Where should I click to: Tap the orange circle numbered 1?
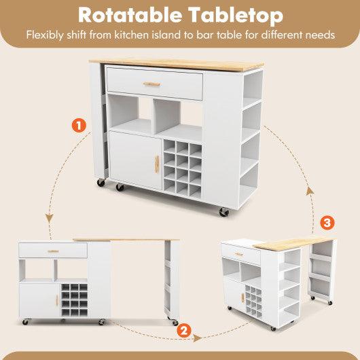[79, 125]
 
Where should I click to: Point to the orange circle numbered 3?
[327, 222]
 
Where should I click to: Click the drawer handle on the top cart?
[151, 84]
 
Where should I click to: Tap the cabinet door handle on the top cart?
[155, 162]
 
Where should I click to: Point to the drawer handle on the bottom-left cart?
[53, 252]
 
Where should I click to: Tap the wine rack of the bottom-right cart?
[253, 298]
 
